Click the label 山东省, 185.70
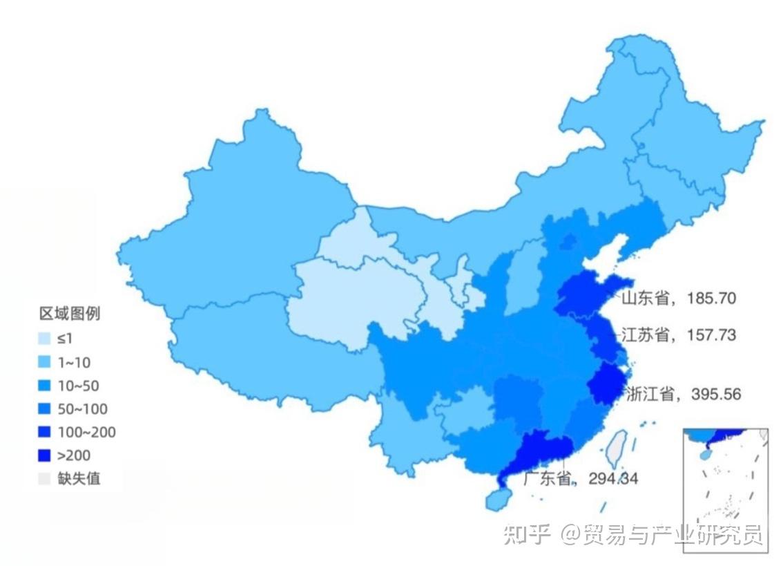point(678,299)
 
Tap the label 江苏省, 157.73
point(678,335)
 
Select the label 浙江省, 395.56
point(682,395)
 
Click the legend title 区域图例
point(69,314)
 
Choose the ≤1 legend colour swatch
point(45,339)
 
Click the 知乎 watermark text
point(526,534)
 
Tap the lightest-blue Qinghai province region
point(345,297)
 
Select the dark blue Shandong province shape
point(587,294)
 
